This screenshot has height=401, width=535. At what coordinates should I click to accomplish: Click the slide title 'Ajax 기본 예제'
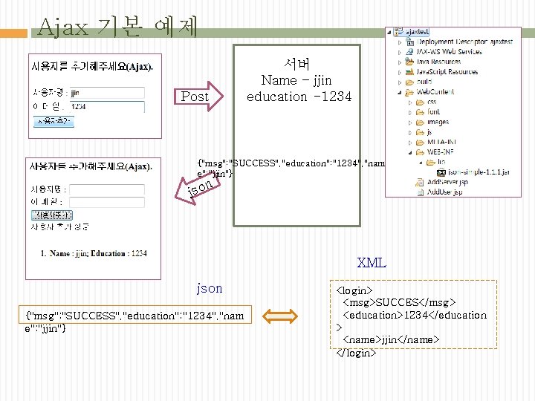click(x=117, y=27)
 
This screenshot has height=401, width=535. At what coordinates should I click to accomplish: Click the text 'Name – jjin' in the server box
click(x=296, y=80)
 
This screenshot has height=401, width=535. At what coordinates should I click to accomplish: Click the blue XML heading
click(x=371, y=263)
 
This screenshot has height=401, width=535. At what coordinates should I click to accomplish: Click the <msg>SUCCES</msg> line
click(x=398, y=301)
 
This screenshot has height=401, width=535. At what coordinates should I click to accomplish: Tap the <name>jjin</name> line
click(x=390, y=339)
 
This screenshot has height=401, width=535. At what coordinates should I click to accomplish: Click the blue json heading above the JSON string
click(x=209, y=288)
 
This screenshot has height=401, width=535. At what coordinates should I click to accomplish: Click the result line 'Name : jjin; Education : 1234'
click(x=94, y=253)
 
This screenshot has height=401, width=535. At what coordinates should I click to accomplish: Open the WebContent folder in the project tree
click(x=432, y=92)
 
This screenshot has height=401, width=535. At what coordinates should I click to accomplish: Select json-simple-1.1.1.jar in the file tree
click(x=479, y=170)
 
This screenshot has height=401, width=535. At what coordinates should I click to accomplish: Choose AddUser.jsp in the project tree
click(x=445, y=191)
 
